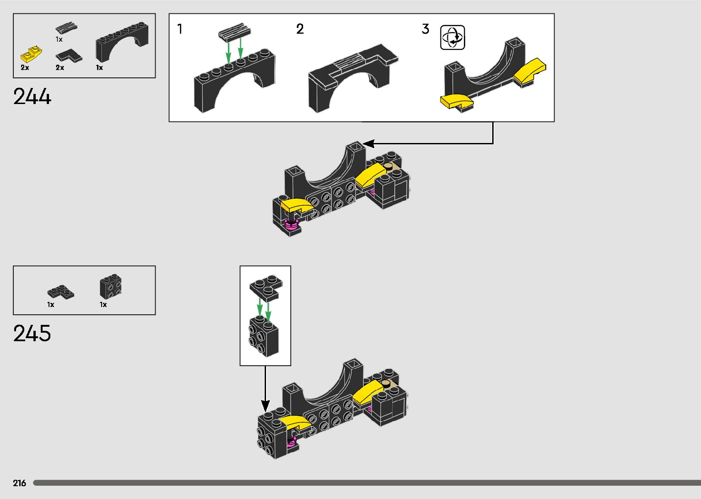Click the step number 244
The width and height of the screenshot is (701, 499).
[33, 97]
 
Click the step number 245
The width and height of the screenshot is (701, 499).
[32, 334]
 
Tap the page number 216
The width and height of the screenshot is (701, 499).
[20, 483]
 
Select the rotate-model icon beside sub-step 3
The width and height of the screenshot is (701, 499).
[452, 38]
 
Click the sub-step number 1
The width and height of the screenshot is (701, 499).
[180, 29]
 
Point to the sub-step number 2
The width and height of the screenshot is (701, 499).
[300, 29]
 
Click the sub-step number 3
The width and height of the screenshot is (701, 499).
[425, 29]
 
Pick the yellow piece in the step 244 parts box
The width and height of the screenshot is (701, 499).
[31, 55]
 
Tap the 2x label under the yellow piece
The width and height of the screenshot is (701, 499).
[25, 68]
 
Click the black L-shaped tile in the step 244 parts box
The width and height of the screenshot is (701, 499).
[69, 56]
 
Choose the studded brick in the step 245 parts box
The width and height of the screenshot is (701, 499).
[110, 287]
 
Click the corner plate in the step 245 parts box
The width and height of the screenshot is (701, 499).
[60, 291]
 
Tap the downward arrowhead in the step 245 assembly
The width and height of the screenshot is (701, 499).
[266, 406]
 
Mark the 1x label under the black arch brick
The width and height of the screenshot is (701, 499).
[99, 68]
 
